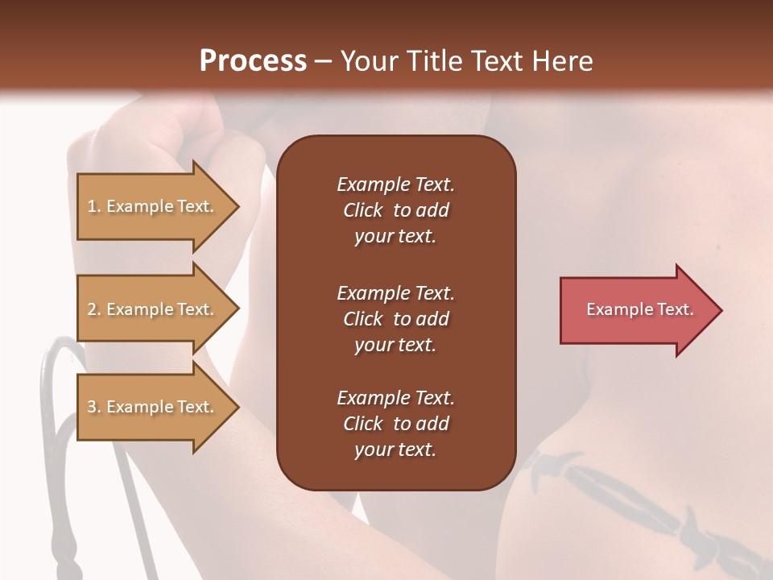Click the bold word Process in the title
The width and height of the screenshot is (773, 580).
pyautogui.click(x=253, y=61)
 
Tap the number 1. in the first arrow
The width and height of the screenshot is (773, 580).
pyautogui.click(x=94, y=206)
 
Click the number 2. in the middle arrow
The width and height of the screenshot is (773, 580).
pyautogui.click(x=94, y=309)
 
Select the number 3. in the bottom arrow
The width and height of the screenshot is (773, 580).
pyautogui.click(x=94, y=407)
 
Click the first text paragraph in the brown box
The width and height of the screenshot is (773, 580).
pyautogui.click(x=395, y=210)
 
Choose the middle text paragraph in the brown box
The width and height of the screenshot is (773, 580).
pyautogui.click(x=395, y=319)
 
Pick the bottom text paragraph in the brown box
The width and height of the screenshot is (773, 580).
pyautogui.click(x=395, y=424)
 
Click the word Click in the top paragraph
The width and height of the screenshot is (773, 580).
pyautogui.click(x=363, y=210)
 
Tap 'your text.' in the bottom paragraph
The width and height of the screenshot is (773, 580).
pyautogui.click(x=395, y=449)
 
